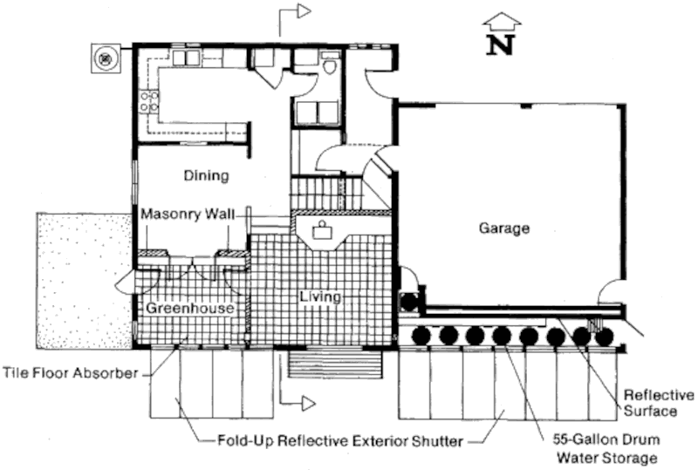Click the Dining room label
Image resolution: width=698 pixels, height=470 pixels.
[x=207, y=175]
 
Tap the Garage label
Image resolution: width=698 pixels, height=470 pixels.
[x=504, y=228]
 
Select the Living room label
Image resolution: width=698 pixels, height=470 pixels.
[x=320, y=296]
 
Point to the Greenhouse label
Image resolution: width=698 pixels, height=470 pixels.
[x=190, y=308]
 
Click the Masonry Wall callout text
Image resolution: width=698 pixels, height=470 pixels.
[x=188, y=215]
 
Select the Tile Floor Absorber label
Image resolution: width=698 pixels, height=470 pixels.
[x=71, y=372]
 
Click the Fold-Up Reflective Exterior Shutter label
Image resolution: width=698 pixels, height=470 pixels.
[x=340, y=441]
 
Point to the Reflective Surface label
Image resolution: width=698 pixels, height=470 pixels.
[x=658, y=403]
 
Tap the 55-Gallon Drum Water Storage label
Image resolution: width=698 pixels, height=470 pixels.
[x=606, y=448]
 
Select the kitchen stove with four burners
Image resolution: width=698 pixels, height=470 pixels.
[x=148, y=101]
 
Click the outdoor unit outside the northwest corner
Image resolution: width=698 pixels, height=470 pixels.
[x=106, y=58]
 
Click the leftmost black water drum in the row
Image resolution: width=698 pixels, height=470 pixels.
[x=421, y=336]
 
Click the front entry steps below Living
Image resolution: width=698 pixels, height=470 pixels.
[x=335, y=364]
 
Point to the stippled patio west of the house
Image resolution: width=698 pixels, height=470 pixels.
[x=85, y=281]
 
